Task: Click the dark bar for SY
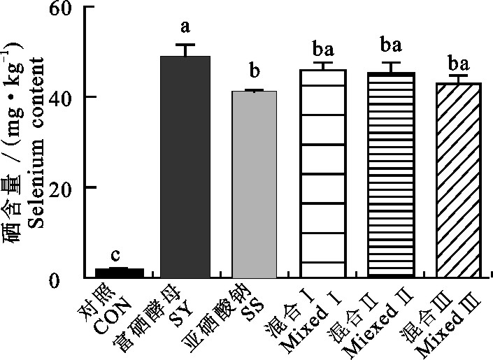point(185,168)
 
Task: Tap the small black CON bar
point(120,273)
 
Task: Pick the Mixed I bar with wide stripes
point(322,175)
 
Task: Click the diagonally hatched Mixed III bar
point(459,182)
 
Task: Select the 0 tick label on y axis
point(72,278)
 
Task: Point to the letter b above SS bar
point(254,72)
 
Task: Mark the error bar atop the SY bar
point(185,49)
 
